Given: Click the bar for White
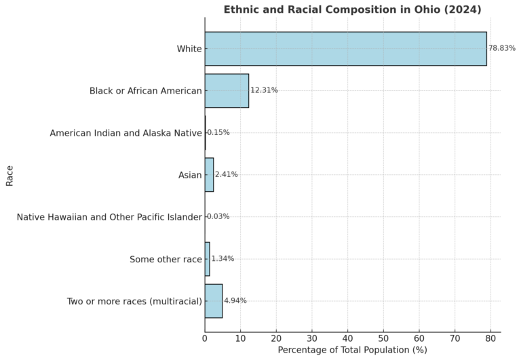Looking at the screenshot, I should pos(345,49).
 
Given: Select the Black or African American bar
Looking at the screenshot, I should pos(227,91).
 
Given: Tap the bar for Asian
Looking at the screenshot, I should pos(209,175).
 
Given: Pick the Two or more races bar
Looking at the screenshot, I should pos(213,301).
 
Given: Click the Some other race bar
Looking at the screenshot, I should pos(207,259).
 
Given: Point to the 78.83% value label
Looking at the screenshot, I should pos(502,49).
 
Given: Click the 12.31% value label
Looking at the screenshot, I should pos(264,90).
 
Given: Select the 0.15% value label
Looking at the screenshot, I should pos(218,133).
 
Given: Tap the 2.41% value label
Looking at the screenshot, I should pos(226,175).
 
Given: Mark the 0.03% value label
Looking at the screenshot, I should pos(218,217).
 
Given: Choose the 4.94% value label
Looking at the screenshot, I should pos(235,301).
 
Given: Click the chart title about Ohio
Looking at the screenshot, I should pos(352,9).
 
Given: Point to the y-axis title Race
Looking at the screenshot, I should pos(9,174).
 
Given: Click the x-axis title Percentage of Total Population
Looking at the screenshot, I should pos(352,350).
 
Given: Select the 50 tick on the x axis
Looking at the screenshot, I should pos(383,338).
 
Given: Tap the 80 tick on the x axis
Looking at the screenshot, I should pos(490,338).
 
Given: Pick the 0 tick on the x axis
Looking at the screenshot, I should pos(205,338).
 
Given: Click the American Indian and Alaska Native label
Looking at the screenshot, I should pos(126,133).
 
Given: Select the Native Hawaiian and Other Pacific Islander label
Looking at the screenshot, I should pos(109,217).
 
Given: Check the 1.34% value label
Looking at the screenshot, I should pos(223,259).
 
